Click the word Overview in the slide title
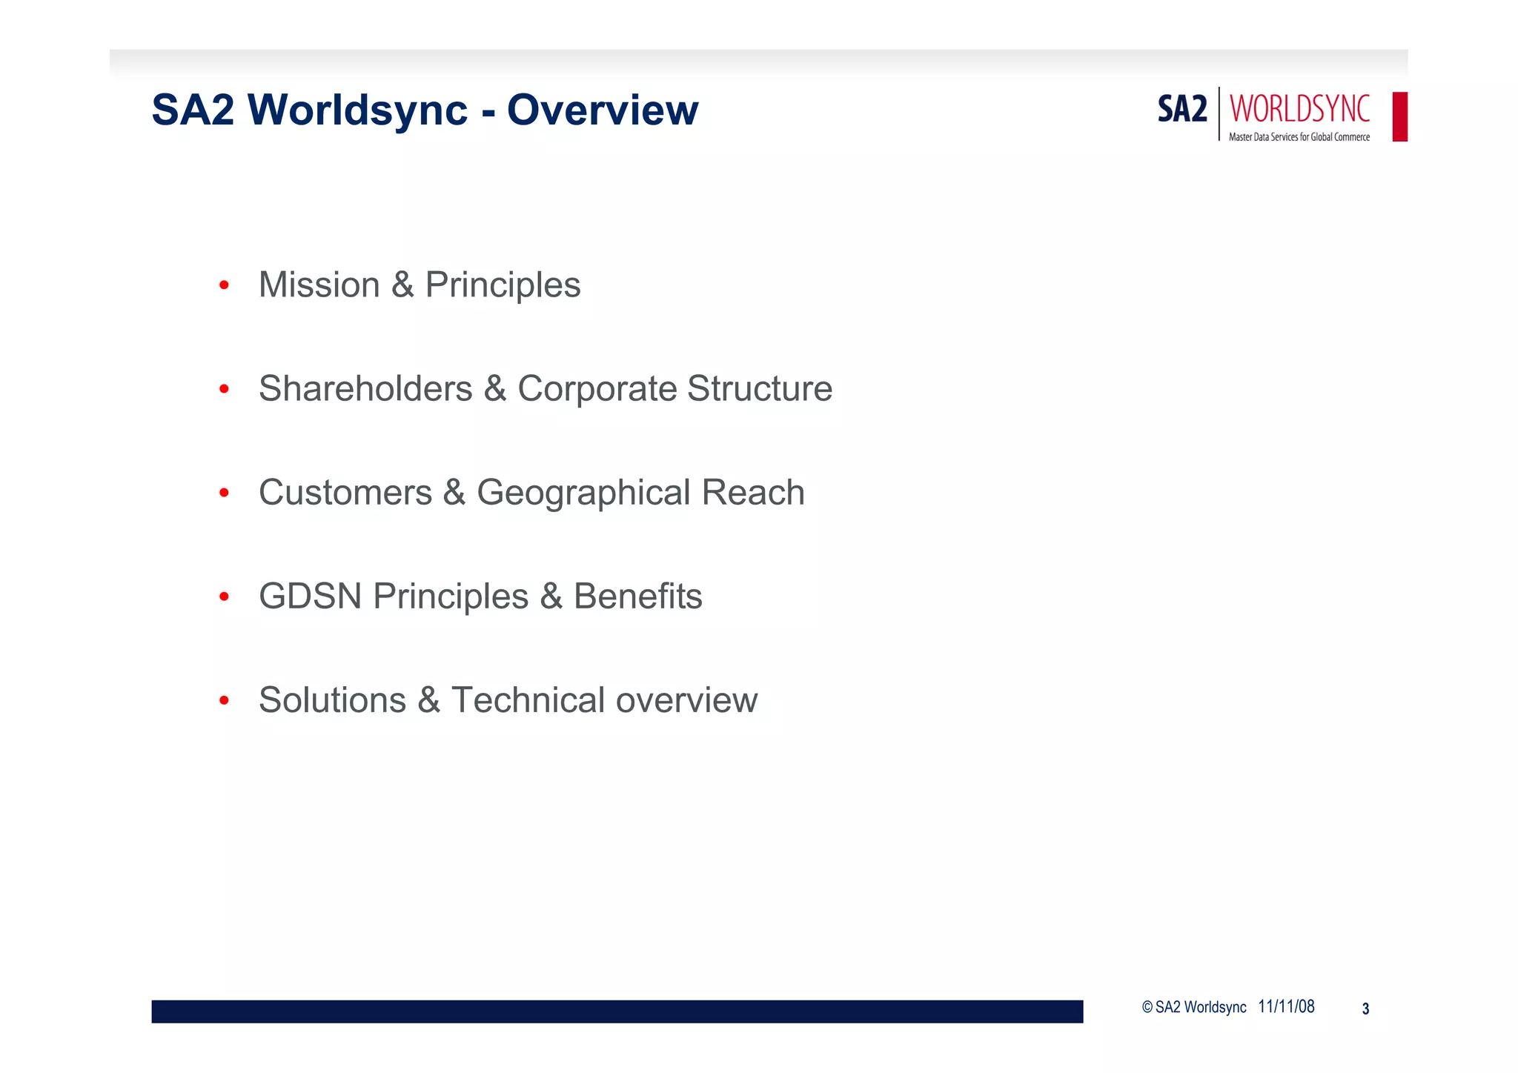(x=603, y=110)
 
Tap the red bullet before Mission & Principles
(x=224, y=285)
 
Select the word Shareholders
(x=365, y=389)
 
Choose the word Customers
(x=345, y=493)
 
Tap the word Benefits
(x=637, y=597)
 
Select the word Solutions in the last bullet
(x=332, y=700)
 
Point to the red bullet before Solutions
(x=224, y=700)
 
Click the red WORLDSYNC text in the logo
(x=1299, y=109)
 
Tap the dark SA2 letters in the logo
(x=1182, y=110)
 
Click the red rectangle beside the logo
(x=1399, y=116)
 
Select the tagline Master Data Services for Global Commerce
(x=1299, y=137)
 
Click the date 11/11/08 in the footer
(x=1286, y=1006)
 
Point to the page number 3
(x=1365, y=1009)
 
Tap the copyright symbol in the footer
(x=1147, y=1007)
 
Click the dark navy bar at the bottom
(x=617, y=1011)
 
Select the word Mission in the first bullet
(x=319, y=285)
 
